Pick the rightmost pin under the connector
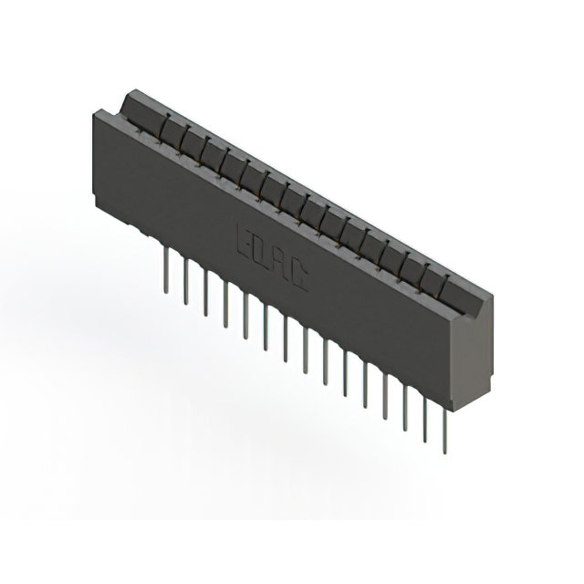444,429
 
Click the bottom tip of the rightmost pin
444,453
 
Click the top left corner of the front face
95,110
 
